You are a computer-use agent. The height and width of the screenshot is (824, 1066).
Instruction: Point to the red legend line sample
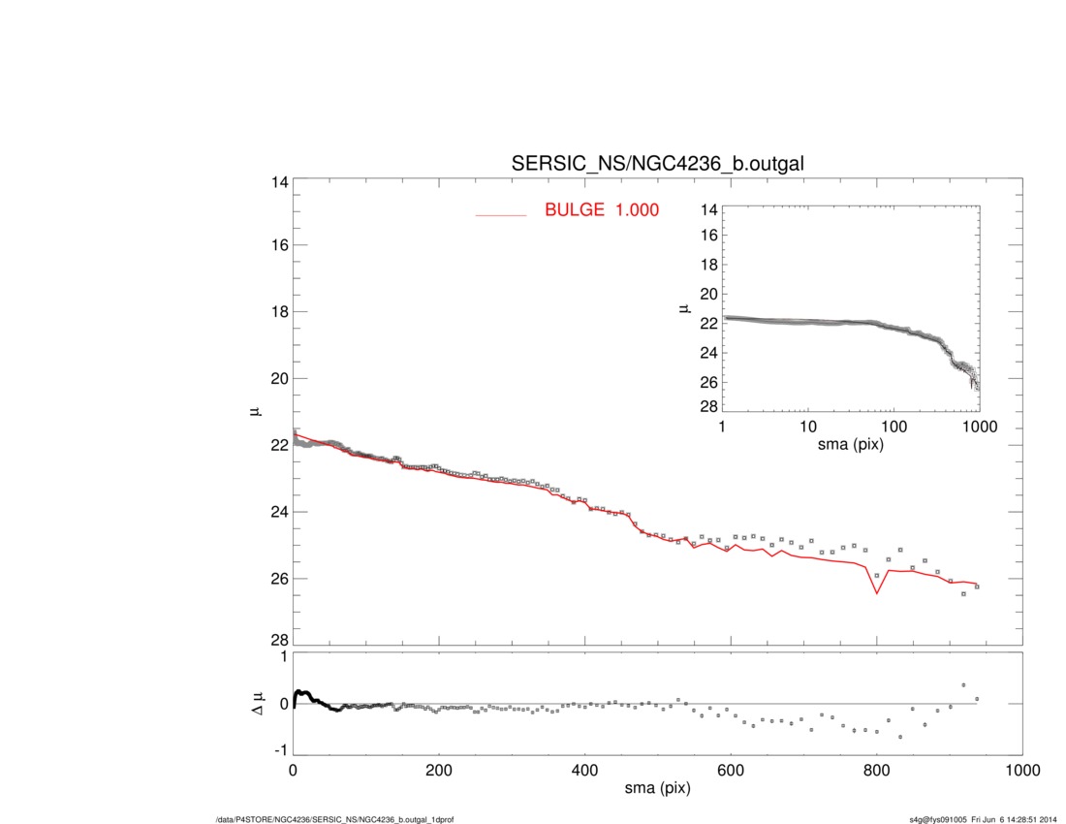[500, 214]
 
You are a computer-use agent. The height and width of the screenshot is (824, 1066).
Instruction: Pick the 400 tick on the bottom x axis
[584, 771]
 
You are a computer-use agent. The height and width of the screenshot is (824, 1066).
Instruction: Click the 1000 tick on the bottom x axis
[1020, 771]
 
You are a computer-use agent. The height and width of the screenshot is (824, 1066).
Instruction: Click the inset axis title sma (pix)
[850, 445]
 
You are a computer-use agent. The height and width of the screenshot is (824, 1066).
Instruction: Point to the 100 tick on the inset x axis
[894, 428]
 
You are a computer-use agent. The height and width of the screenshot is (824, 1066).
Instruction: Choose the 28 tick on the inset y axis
[707, 406]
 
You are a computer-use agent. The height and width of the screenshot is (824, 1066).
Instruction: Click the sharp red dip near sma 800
[877, 592]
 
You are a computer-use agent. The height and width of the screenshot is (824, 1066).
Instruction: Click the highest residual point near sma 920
[963, 684]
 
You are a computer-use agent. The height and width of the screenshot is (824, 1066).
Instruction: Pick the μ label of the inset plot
[684, 308]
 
